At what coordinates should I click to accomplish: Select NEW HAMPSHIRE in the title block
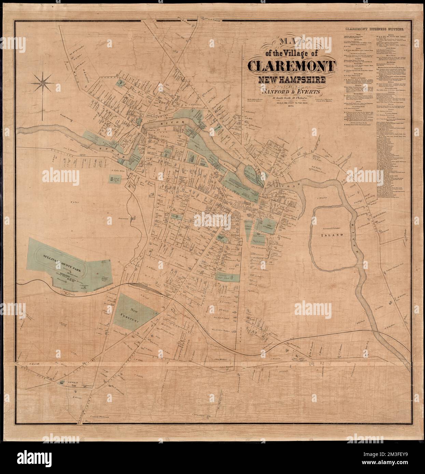[x=291, y=80]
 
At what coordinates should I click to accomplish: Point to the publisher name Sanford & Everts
[x=291, y=92]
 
